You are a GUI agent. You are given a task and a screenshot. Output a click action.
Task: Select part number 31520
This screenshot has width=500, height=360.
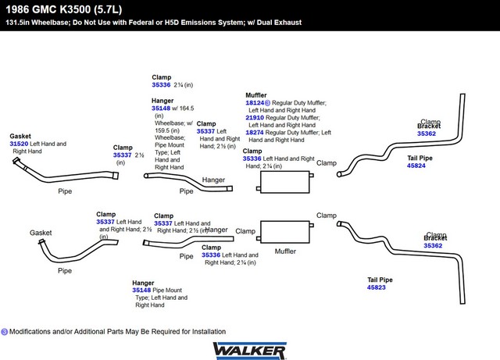pyautogui.click(x=19, y=144)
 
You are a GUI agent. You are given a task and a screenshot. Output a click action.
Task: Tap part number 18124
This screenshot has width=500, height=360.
pyautogui.click(x=255, y=102)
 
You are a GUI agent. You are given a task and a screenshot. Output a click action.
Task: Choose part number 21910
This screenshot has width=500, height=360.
pyautogui.click(x=255, y=117)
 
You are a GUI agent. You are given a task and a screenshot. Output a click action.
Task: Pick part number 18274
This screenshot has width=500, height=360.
pyautogui.click(x=255, y=133)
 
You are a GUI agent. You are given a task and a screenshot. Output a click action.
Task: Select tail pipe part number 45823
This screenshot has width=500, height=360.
pyautogui.click(x=377, y=287)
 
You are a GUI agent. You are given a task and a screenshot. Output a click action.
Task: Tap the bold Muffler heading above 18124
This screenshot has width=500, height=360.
pyautogui.click(x=256, y=94)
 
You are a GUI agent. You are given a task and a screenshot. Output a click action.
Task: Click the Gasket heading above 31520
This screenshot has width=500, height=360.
pyautogui.click(x=21, y=136)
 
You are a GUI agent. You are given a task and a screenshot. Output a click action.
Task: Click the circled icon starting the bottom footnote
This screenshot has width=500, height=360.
pyautogui.click(x=5, y=331)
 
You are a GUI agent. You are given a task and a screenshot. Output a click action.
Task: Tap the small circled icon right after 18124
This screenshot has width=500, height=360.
pyautogui.click(x=268, y=102)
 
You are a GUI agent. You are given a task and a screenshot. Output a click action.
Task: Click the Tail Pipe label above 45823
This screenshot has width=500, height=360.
pyautogui.click(x=380, y=279)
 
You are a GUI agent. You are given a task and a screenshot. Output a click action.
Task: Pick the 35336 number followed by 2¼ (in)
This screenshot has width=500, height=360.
pyautogui.click(x=161, y=84)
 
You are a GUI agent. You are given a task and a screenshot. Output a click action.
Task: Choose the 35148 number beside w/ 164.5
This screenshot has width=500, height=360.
pyautogui.click(x=161, y=108)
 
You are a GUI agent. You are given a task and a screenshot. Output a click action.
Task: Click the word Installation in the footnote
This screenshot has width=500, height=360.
pyautogui.click(x=205, y=331)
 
